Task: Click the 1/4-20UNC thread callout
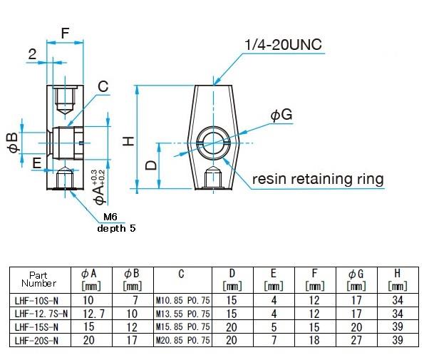pos(282,45)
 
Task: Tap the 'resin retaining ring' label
pos(318,178)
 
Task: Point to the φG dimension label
pos(281,115)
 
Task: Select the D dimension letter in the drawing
pos(150,166)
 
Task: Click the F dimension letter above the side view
pos(65,33)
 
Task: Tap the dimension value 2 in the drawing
pos(33,53)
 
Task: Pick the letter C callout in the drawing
pos(103,87)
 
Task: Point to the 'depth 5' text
pos(115,229)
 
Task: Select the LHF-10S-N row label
pos(38,300)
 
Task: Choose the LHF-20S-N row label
pos(38,340)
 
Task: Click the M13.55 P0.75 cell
pos(182,313)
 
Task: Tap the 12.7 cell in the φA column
pos(91,313)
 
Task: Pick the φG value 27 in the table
pos(356,340)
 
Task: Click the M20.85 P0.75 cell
pos(182,340)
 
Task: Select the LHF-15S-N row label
pos(38,326)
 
